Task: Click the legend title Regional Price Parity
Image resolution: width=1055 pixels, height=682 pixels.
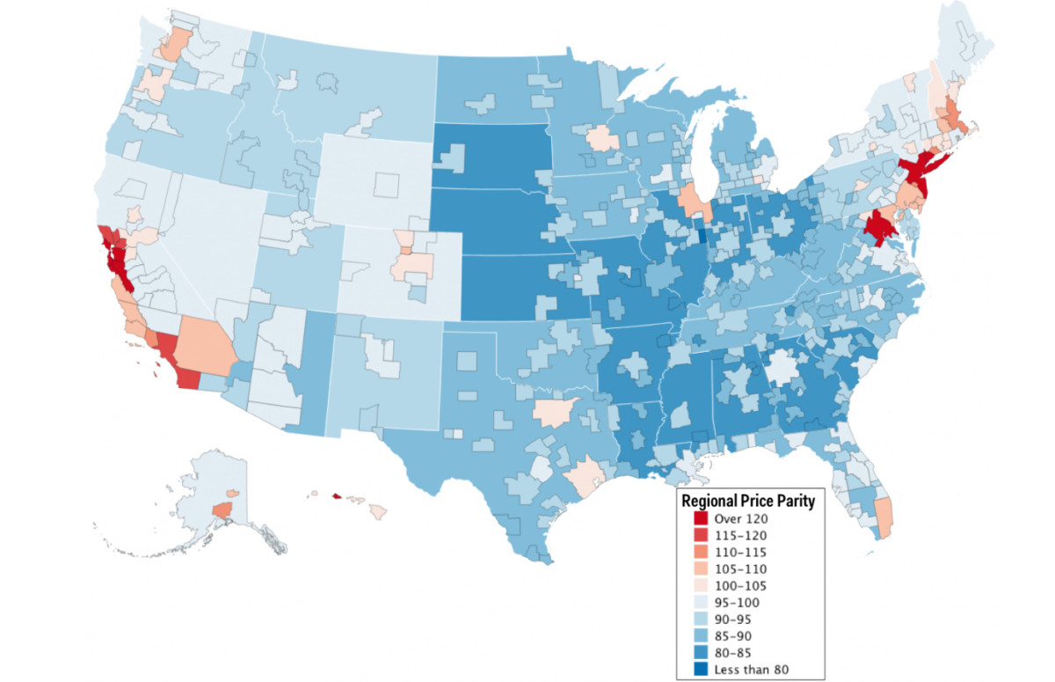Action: [x=748, y=501]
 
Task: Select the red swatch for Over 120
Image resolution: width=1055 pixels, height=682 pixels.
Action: [x=688, y=519]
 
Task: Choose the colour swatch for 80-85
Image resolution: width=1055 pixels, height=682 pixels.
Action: [x=688, y=652]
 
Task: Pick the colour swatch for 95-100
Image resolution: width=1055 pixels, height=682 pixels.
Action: [x=688, y=602]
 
